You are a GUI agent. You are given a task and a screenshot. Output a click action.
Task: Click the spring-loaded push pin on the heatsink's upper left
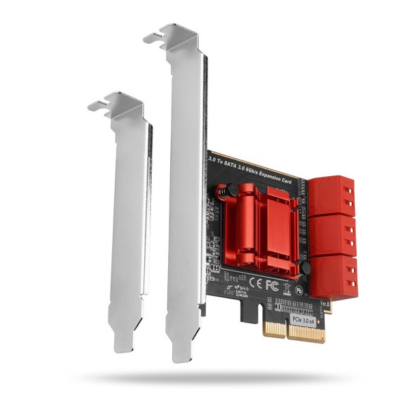click(221, 193)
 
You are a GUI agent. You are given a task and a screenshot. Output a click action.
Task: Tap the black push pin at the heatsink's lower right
click(305, 269)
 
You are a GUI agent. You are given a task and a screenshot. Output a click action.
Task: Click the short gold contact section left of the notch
click(273, 332)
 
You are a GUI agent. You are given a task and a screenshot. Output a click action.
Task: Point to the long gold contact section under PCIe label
click(305, 335)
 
